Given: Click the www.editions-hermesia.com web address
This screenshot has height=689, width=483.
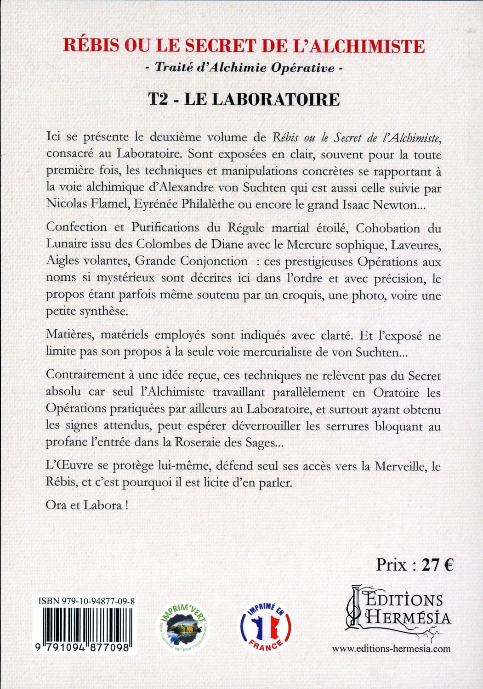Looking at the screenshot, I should [391, 649].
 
